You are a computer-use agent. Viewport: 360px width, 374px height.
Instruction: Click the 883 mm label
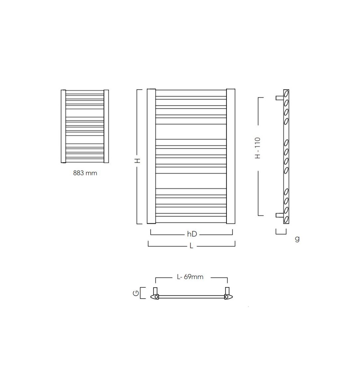click(x=85, y=173)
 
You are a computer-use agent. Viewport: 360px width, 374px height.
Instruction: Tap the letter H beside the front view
click(x=138, y=161)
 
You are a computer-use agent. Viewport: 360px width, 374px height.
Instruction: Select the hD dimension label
click(x=192, y=234)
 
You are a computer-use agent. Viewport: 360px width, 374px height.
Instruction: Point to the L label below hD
click(x=191, y=246)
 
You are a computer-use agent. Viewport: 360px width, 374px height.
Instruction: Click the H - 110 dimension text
click(x=258, y=148)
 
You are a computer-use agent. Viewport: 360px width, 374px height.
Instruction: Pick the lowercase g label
click(x=297, y=239)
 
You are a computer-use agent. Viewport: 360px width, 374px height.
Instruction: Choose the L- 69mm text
click(x=190, y=277)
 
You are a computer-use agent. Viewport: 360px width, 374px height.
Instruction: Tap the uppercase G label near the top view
click(x=136, y=293)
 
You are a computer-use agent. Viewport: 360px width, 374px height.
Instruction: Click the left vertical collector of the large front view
click(x=151, y=156)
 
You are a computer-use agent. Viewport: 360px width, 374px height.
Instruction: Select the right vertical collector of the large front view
click(x=231, y=156)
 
